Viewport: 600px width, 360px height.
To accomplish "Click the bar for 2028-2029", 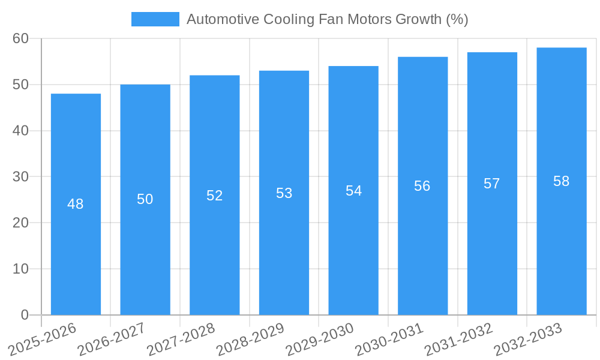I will [284, 240].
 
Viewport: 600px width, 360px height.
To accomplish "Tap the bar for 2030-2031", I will [422, 240].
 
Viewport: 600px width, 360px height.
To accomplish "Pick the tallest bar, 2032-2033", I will [562, 240].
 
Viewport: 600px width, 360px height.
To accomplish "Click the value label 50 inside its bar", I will [145, 199].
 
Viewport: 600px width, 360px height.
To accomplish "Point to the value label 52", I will [215, 196].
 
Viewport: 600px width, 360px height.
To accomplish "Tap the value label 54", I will [353, 191].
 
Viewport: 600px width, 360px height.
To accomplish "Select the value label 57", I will [492, 184].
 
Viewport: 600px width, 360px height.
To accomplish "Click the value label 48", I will [76, 204].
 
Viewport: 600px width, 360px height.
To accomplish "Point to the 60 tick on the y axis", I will [20, 38].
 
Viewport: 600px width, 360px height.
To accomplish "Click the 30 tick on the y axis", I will [20, 176].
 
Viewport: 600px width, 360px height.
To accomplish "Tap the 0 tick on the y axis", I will [25, 315].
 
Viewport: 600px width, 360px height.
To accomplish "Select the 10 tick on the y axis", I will [20, 269].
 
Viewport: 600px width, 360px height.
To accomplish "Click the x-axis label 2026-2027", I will [112, 338].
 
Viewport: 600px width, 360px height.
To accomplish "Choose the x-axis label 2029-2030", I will [320, 338].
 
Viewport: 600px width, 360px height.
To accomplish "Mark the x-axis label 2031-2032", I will [459, 338].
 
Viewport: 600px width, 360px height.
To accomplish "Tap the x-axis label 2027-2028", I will [181, 338].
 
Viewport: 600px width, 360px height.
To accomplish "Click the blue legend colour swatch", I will [155, 19].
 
